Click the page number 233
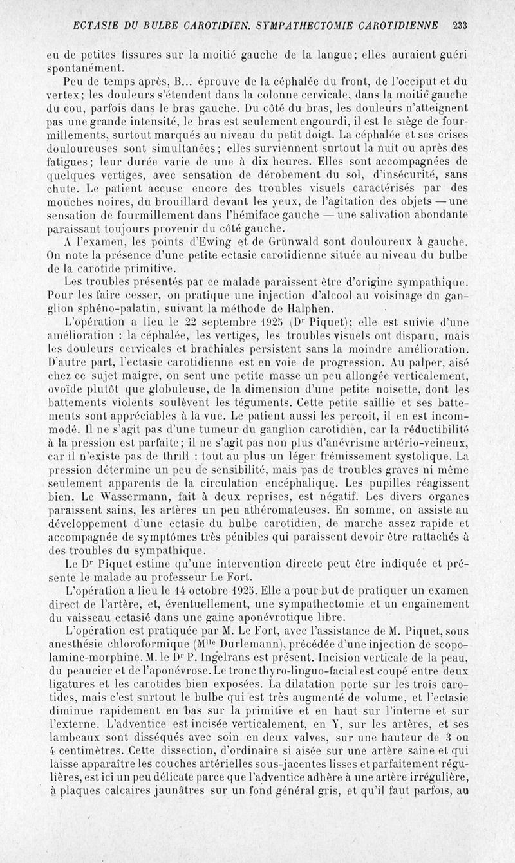(x=460, y=26)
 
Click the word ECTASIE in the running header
(x=95, y=26)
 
